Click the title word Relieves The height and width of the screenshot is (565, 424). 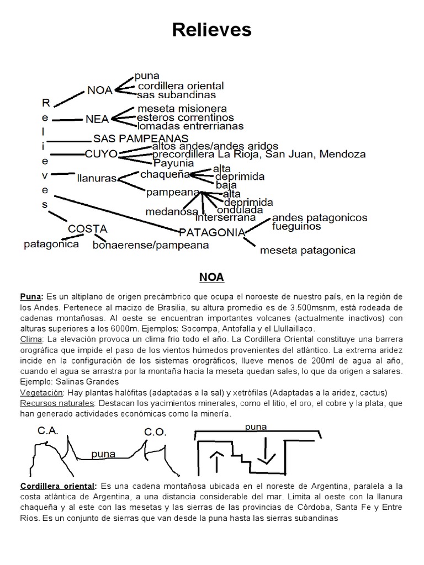(211, 30)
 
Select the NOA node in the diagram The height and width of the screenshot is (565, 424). (99, 90)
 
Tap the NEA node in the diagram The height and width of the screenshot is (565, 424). (97, 118)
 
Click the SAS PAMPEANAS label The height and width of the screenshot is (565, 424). (141, 138)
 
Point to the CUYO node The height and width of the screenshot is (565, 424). (101, 154)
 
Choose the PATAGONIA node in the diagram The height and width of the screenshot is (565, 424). (212, 232)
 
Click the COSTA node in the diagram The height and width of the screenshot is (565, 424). (87, 228)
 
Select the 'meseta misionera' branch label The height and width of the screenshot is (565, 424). (182, 108)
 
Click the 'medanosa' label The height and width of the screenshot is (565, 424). (172, 211)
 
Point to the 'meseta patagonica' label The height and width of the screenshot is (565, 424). (308, 250)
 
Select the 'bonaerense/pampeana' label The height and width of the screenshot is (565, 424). (151, 244)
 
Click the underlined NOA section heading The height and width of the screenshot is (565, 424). (211, 276)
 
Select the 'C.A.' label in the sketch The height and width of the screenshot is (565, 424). (49, 431)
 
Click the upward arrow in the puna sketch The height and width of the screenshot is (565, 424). (215, 460)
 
